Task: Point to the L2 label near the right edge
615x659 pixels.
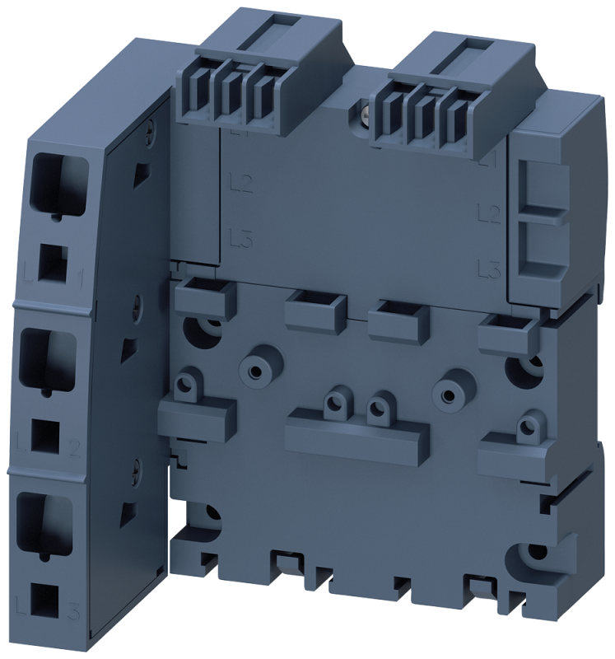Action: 490,216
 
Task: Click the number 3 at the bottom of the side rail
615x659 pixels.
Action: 75,610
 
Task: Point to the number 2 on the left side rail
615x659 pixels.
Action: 76,449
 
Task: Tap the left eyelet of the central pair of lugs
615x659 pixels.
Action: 334,403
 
